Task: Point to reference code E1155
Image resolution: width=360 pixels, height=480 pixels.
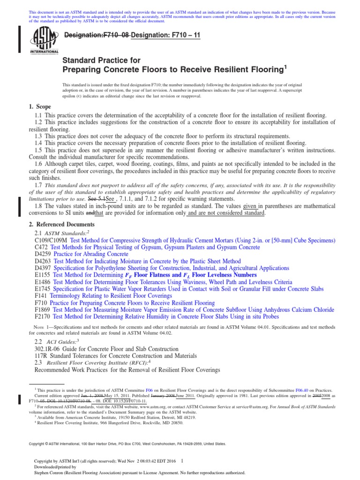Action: pos(43,275)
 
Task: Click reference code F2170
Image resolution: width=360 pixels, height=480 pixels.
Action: pos(43,317)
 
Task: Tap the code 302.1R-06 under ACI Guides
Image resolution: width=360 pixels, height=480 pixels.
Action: pos(49,349)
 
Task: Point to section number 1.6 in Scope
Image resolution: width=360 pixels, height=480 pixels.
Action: pos(39,164)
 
